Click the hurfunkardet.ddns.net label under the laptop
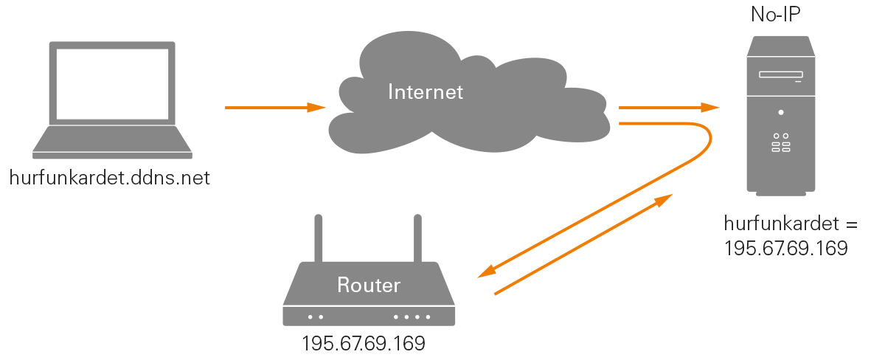coord(110,178)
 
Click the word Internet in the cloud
coord(426,92)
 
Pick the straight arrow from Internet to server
coord(668,108)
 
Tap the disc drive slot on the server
coord(781,75)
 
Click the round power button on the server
coord(781,113)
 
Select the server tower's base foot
coord(781,194)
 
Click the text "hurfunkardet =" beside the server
coord(780,224)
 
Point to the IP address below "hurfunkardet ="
coord(785,248)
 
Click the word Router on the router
coord(369,285)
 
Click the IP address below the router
coord(364,344)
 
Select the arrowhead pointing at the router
coord(486,272)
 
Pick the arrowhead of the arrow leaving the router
coord(664,199)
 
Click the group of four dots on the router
coord(412,317)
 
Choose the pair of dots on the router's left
coord(316,317)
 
